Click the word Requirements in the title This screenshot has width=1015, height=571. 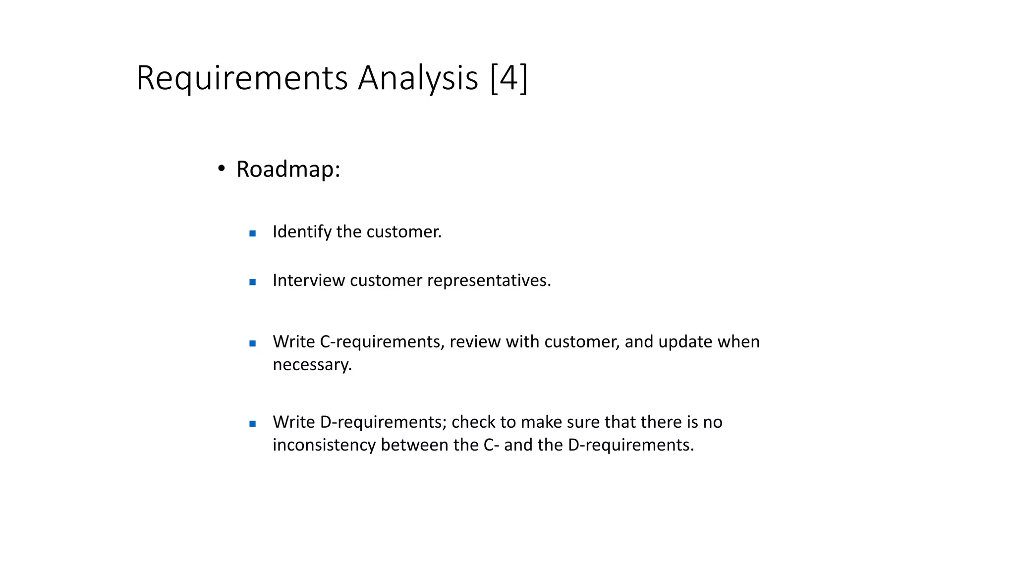[x=242, y=78]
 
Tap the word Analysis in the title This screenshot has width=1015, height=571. [x=418, y=78]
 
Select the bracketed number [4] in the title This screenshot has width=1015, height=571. [x=509, y=78]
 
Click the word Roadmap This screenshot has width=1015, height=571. [x=288, y=169]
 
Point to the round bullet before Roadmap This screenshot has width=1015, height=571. [x=222, y=169]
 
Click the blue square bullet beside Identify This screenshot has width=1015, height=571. [x=252, y=233]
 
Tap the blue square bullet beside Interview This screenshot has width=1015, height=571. [x=252, y=282]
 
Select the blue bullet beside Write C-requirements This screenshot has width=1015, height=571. [x=252, y=343]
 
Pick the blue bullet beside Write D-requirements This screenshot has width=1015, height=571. [x=252, y=423]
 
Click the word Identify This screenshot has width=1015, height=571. [x=302, y=232]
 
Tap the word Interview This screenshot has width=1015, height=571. [x=308, y=281]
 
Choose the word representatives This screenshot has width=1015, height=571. [x=489, y=281]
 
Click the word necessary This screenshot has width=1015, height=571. [x=312, y=365]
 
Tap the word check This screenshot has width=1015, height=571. [x=473, y=422]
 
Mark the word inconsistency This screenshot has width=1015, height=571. [x=324, y=445]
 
